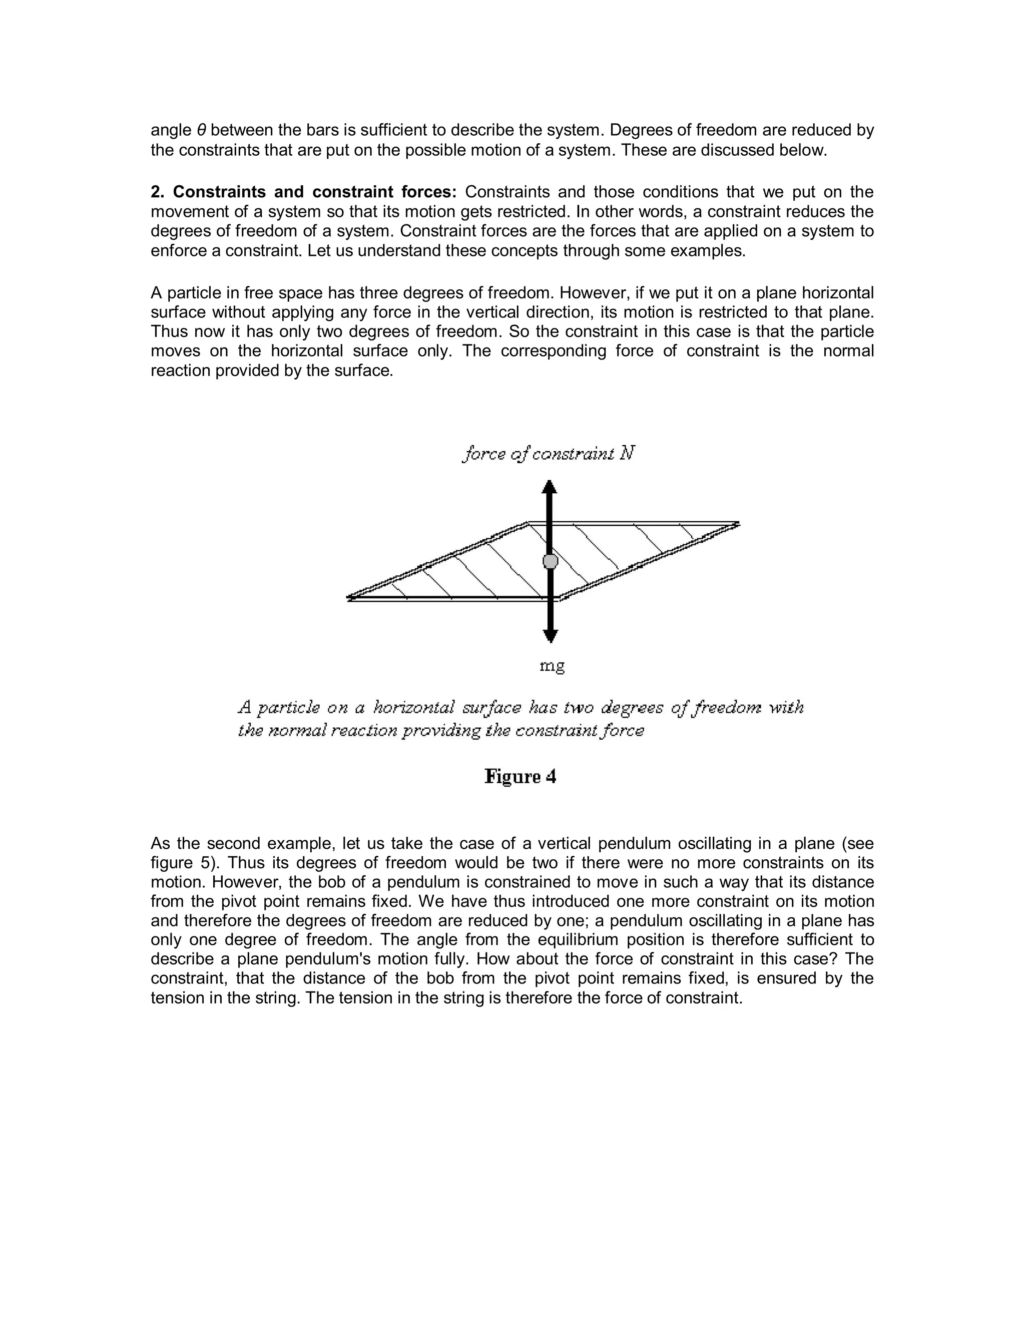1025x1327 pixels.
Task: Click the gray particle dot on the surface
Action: [550, 561]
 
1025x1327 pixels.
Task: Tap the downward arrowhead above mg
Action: [550, 635]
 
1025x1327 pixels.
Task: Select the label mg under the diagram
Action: [552, 666]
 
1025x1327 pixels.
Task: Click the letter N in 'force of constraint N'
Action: [627, 453]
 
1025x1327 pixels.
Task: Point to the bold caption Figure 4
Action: [521, 777]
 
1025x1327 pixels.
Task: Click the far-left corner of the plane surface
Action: [348, 598]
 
